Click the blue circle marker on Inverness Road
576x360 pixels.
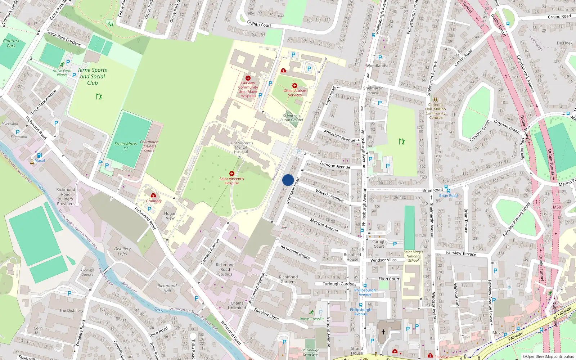coord(288,180)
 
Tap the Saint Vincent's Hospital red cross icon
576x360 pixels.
coord(232,174)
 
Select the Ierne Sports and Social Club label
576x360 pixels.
coord(93,76)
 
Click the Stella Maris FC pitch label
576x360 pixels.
coord(126,146)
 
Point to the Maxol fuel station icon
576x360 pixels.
coord(39,155)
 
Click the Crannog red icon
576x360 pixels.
coord(153,195)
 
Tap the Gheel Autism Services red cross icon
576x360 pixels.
coord(295,86)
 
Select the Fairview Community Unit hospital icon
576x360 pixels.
coord(248,78)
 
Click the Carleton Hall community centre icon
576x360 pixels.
coord(435,100)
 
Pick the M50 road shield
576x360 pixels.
coord(557,207)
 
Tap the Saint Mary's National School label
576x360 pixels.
coord(413,256)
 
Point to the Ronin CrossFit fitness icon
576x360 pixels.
coord(312,312)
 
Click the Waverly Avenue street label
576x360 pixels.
coord(329,195)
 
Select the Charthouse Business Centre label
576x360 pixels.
coord(149,146)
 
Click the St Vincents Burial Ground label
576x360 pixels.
coord(292,118)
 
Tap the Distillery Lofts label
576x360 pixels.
coord(122,251)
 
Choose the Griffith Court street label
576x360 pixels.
coord(259,24)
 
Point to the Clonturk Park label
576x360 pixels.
coord(11,43)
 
